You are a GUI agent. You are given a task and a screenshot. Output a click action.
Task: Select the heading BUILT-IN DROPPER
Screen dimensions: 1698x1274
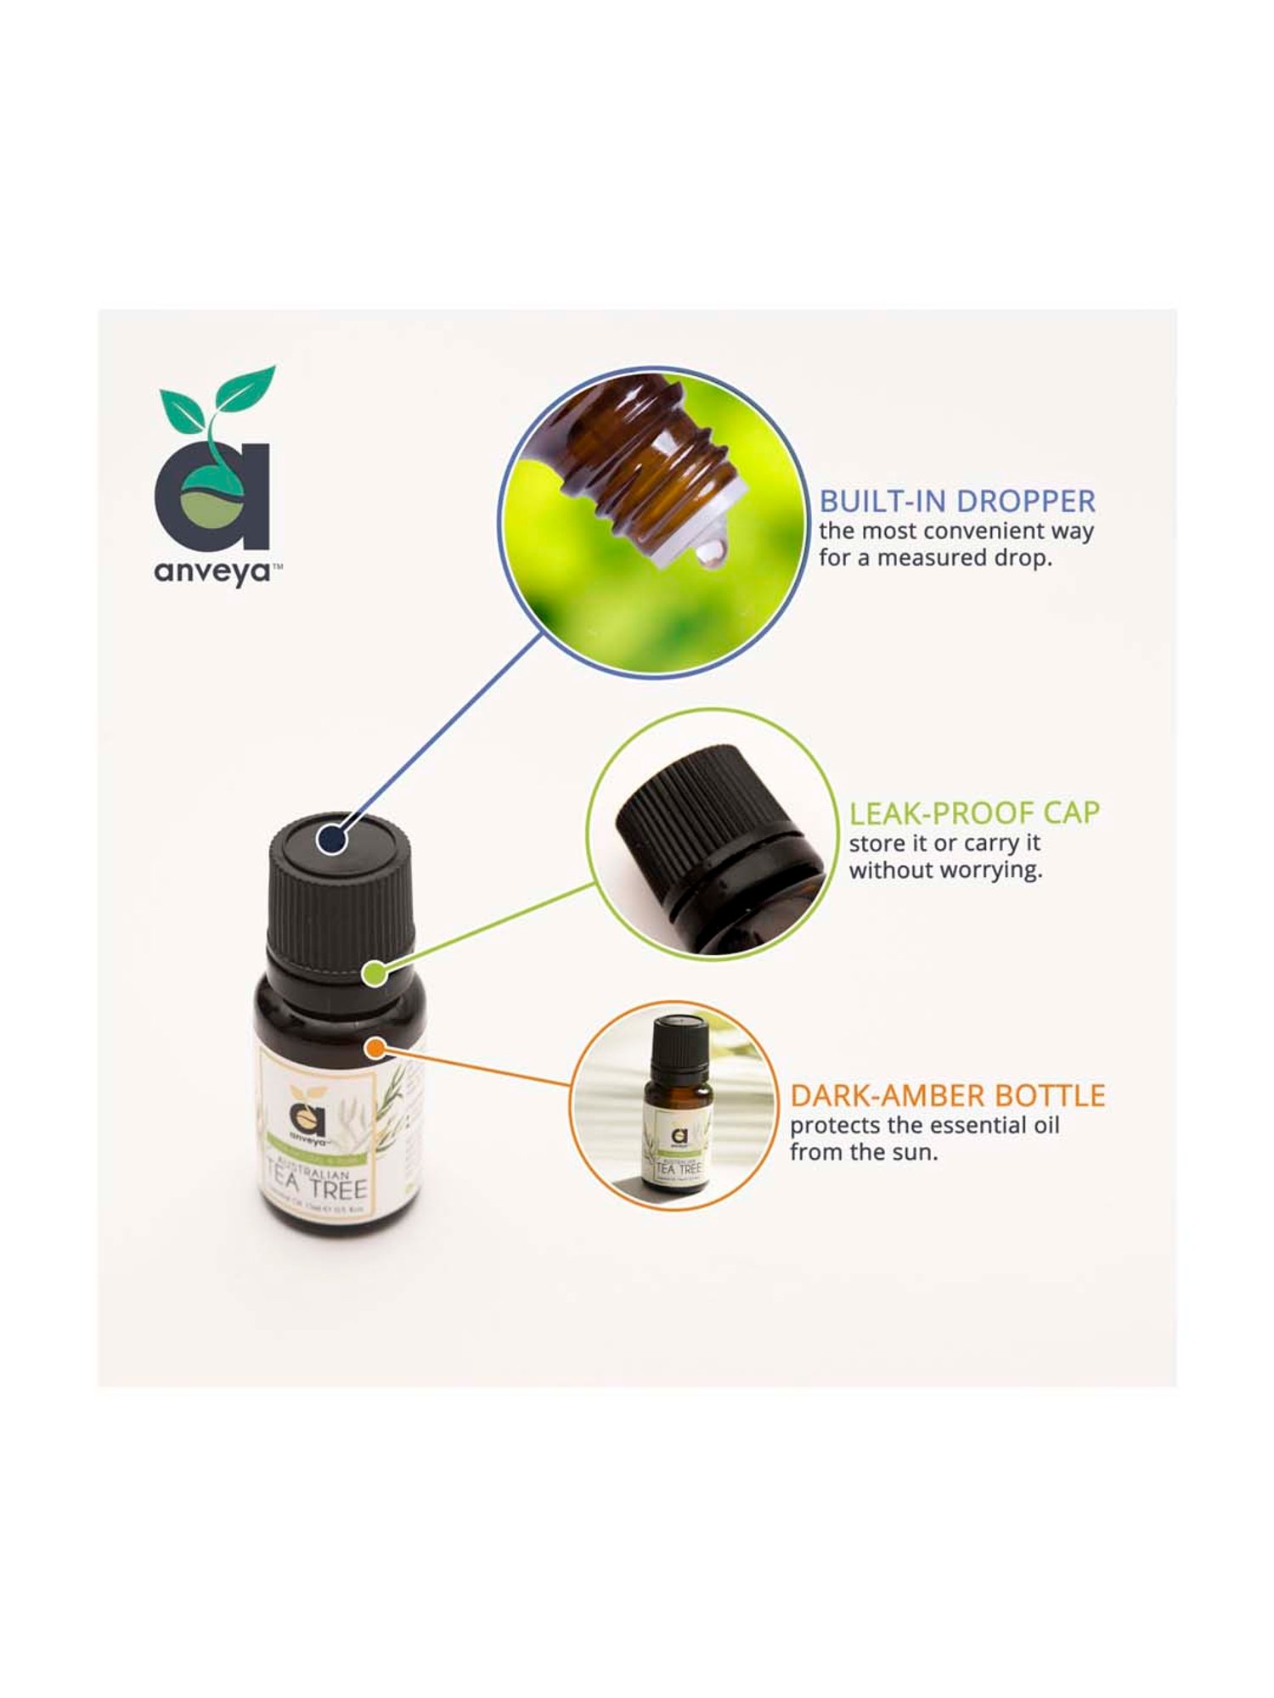point(957,501)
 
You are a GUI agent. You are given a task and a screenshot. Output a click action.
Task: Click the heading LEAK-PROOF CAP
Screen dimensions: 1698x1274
point(974,812)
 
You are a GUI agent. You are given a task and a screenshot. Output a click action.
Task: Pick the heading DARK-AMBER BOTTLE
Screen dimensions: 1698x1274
point(947,1095)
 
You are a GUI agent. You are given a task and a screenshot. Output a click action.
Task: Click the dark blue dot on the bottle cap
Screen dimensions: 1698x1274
point(332,840)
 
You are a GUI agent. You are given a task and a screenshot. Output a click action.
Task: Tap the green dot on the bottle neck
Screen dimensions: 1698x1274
point(374,973)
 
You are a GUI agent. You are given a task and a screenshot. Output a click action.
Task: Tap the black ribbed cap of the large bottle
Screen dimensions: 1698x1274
point(340,900)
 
